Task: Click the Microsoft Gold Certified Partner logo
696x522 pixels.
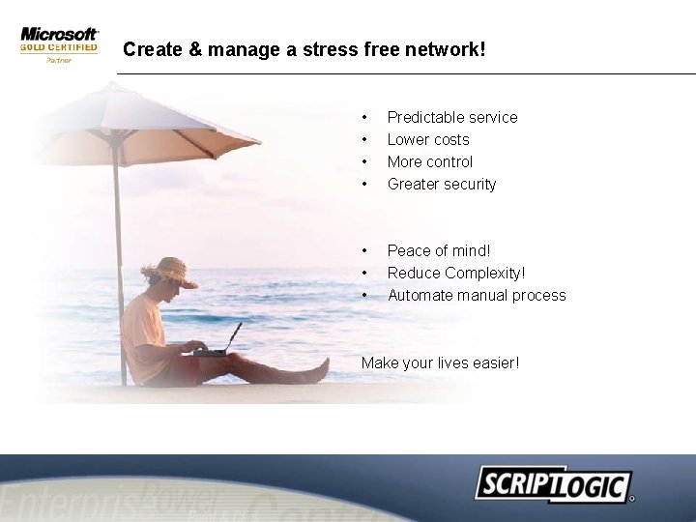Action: (59, 44)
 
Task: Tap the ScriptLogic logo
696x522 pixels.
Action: (553, 484)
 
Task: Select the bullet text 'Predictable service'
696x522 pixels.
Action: (452, 117)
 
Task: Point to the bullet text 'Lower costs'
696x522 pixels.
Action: (428, 139)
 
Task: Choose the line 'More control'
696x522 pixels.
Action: (430, 161)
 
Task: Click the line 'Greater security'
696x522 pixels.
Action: (442, 184)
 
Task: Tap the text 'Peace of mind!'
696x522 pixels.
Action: (439, 250)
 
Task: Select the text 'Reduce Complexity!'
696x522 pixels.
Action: (456, 273)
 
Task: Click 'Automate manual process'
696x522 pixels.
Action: (477, 295)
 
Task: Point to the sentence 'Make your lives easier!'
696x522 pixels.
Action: (440, 362)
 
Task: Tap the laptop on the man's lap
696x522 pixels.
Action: (220, 343)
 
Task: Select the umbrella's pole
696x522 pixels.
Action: (118, 242)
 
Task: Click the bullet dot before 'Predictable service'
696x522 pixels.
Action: (364, 117)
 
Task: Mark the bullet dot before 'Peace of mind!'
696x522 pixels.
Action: (364, 250)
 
